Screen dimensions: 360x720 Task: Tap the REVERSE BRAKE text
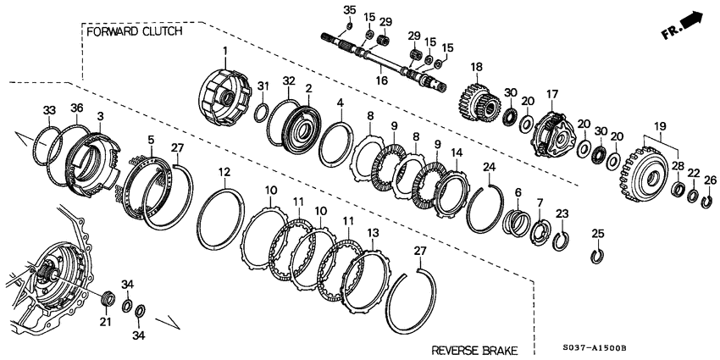click(x=474, y=350)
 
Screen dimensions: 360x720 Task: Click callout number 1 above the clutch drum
click(x=226, y=52)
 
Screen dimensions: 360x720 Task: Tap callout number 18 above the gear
click(x=476, y=66)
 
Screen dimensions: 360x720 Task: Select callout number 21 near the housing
click(x=105, y=322)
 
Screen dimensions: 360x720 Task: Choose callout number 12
click(x=224, y=172)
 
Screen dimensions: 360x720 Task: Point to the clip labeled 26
click(x=707, y=201)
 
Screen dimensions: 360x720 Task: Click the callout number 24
click(x=488, y=167)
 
